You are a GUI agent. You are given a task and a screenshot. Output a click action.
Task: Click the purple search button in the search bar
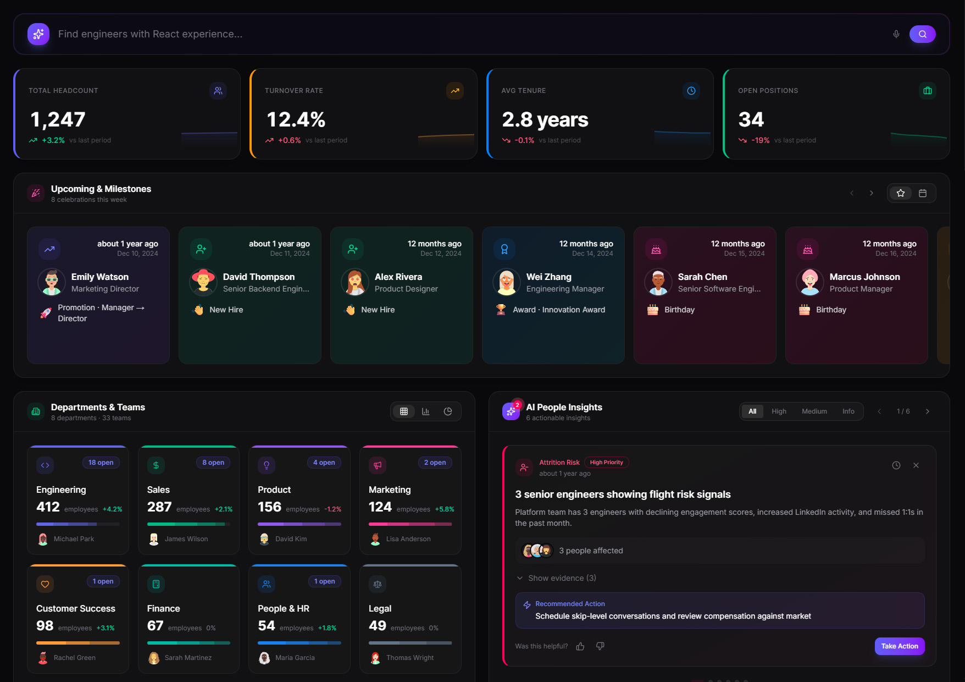click(x=922, y=34)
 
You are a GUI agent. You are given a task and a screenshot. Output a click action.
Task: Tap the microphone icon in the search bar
click(x=896, y=34)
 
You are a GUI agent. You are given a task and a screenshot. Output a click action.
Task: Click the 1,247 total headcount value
click(x=58, y=119)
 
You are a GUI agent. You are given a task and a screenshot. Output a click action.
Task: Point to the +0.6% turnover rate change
click(x=289, y=140)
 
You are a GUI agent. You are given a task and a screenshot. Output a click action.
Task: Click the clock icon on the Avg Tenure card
click(x=691, y=91)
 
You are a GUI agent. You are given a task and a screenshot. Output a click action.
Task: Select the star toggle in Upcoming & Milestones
click(x=900, y=193)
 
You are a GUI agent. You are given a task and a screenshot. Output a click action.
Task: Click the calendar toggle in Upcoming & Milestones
click(x=923, y=193)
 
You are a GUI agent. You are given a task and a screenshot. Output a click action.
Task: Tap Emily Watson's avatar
click(x=52, y=282)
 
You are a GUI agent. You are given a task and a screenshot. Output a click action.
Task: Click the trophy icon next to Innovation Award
click(x=501, y=310)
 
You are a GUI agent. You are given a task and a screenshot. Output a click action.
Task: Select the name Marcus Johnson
click(x=864, y=277)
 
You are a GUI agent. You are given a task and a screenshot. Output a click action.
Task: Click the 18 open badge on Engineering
click(x=101, y=463)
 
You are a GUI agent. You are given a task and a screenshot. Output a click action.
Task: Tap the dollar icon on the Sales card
click(x=156, y=465)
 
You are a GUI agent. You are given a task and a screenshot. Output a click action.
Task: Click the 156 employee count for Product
click(x=269, y=507)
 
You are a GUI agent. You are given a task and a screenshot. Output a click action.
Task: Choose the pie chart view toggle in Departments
click(x=448, y=411)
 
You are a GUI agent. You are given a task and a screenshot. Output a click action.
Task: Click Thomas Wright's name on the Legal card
click(x=409, y=658)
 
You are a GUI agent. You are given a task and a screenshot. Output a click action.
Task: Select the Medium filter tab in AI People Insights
click(x=814, y=411)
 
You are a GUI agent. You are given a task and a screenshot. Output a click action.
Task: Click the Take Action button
click(x=899, y=646)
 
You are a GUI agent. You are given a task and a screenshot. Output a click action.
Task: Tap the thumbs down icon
click(x=600, y=646)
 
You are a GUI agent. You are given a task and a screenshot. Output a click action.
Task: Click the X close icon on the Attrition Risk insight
click(x=916, y=465)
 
